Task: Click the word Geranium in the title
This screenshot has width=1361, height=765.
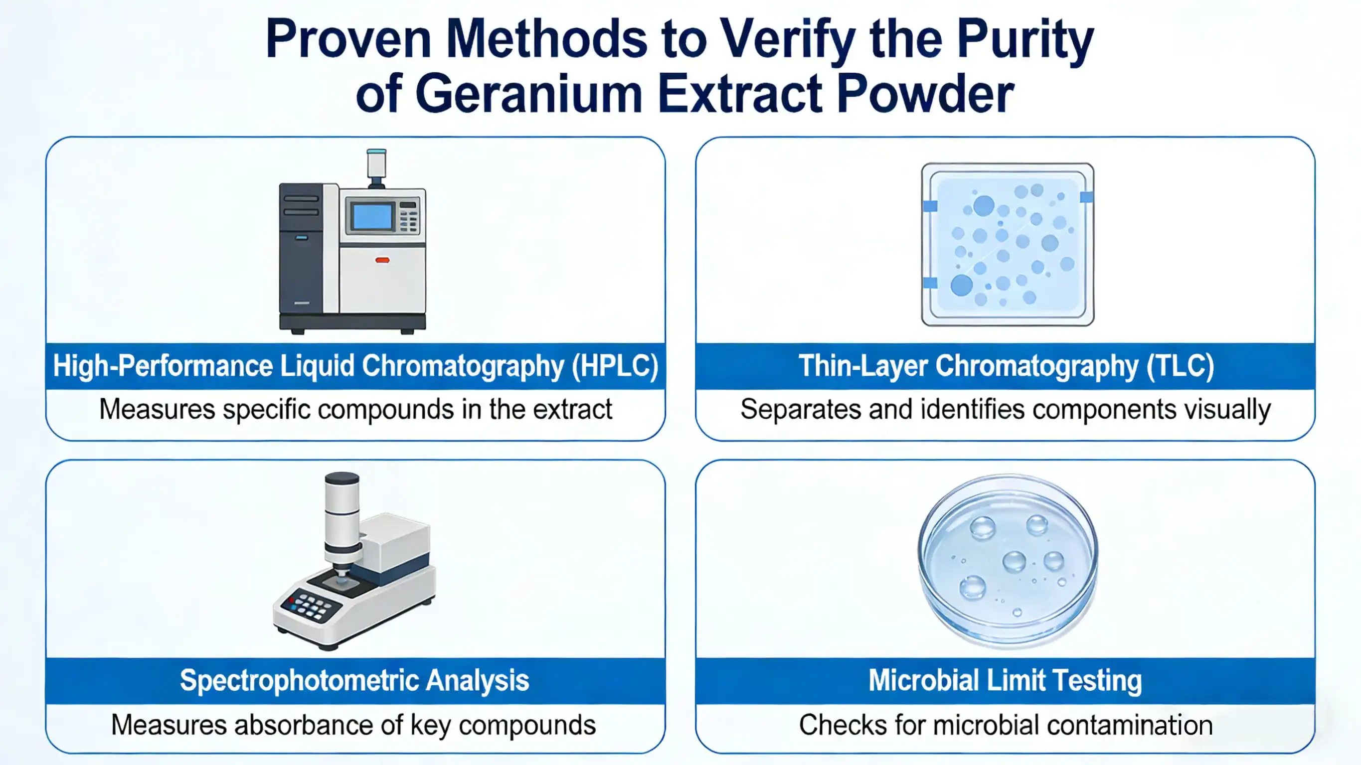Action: point(529,95)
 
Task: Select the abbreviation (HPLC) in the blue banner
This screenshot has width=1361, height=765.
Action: point(616,366)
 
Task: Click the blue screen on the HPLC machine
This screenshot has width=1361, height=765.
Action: point(372,217)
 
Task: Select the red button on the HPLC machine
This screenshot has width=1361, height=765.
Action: point(382,260)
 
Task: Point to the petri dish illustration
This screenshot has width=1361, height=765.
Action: point(1008,560)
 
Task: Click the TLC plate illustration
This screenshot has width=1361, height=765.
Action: point(1008,244)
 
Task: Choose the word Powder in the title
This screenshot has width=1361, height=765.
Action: point(925,95)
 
